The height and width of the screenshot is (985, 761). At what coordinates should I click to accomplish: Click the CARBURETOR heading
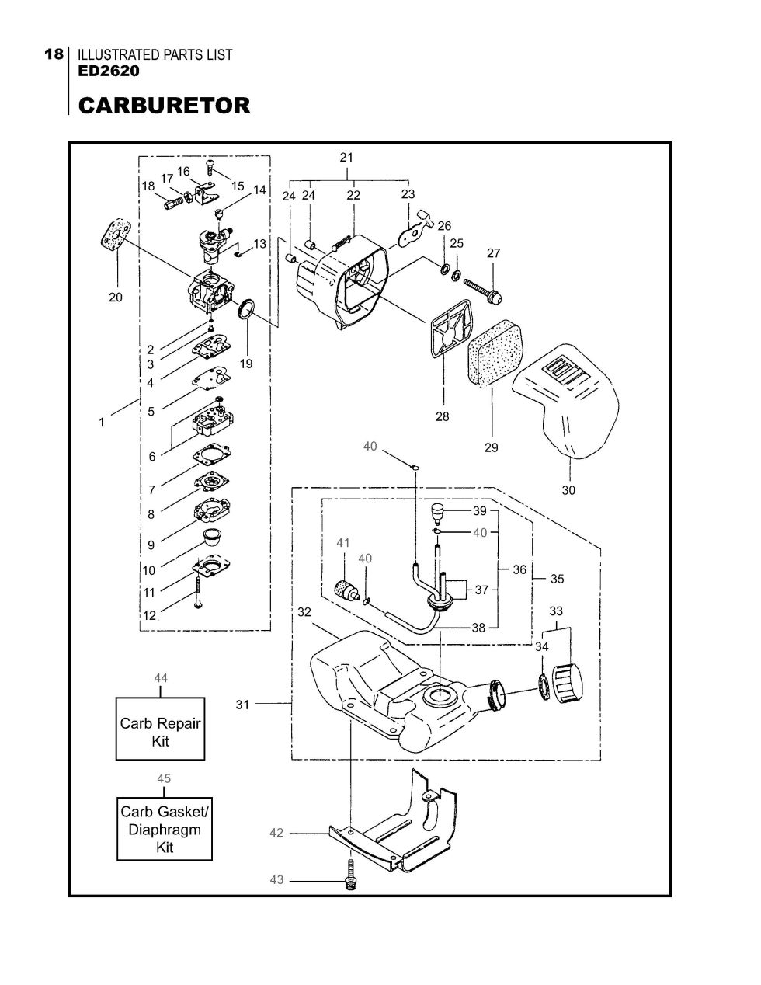tap(164, 106)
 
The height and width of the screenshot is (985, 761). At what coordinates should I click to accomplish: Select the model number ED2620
tap(109, 71)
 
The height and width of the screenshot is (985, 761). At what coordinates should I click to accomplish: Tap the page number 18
tap(54, 55)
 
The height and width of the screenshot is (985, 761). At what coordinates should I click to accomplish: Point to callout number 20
tap(116, 298)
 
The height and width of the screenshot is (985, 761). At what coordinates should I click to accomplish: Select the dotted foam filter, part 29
tap(494, 353)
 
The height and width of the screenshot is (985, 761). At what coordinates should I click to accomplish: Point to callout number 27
tap(493, 253)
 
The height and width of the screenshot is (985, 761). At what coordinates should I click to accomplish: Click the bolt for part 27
tap(483, 290)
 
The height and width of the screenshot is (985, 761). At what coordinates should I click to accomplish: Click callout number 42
tap(276, 833)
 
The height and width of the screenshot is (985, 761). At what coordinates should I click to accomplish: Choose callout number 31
tap(242, 705)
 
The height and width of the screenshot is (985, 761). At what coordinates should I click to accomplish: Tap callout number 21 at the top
tap(346, 157)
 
